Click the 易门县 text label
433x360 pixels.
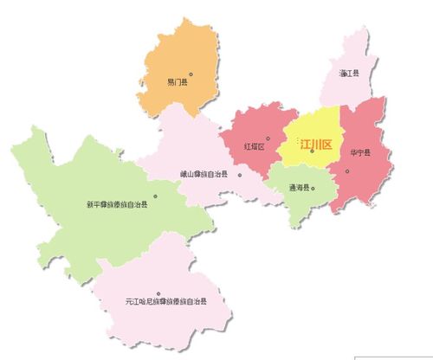tap(178, 83)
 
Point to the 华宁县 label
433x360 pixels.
tap(360, 153)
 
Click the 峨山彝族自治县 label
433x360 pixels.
tap(204, 174)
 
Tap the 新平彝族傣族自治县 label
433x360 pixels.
tap(117, 205)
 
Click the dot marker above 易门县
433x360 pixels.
tap(191, 74)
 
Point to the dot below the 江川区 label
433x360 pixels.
tap(312, 152)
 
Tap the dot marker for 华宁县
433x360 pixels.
tap(347, 170)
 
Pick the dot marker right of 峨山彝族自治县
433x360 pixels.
tap(240, 174)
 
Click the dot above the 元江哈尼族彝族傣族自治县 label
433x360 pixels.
tap(158, 292)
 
